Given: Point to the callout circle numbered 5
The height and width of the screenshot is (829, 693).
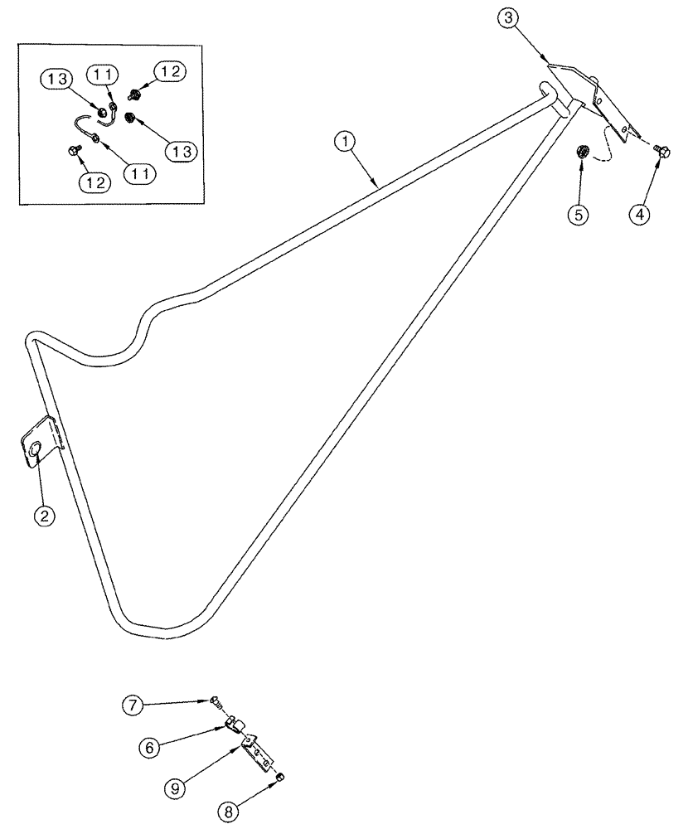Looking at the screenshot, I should pos(578,214).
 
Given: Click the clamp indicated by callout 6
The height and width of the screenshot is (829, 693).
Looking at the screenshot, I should pos(234,727).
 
